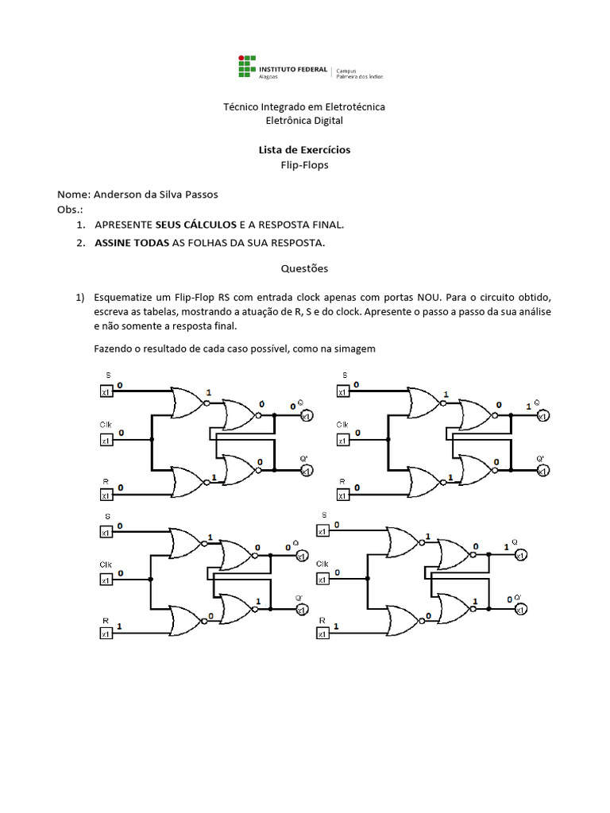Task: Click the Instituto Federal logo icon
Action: pyautogui.click(x=248, y=67)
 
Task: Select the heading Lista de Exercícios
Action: pyautogui.click(x=304, y=149)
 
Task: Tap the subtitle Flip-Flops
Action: pyautogui.click(x=304, y=165)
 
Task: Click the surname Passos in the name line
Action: pyautogui.click(x=200, y=195)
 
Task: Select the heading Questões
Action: pyautogui.click(x=305, y=268)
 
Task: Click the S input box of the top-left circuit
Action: pyautogui.click(x=105, y=391)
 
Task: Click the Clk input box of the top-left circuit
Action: pyautogui.click(x=105, y=439)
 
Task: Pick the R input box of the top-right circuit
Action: pyautogui.click(x=342, y=496)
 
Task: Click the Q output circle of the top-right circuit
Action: pyautogui.click(x=542, y=416)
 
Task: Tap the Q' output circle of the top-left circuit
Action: pyautogui.click(x=304, y=472)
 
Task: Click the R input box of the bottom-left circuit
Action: pyautogui.click(x=105, y=633)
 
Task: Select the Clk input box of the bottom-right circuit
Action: pyautogui.click(x=322, y=580)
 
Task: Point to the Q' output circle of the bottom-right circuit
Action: pyautogui.click(x=519, y=609)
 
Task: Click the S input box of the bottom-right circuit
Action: pyautogui.click(x=322, y=531)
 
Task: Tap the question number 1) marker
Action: pyautogui.click(x=79, y=297)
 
